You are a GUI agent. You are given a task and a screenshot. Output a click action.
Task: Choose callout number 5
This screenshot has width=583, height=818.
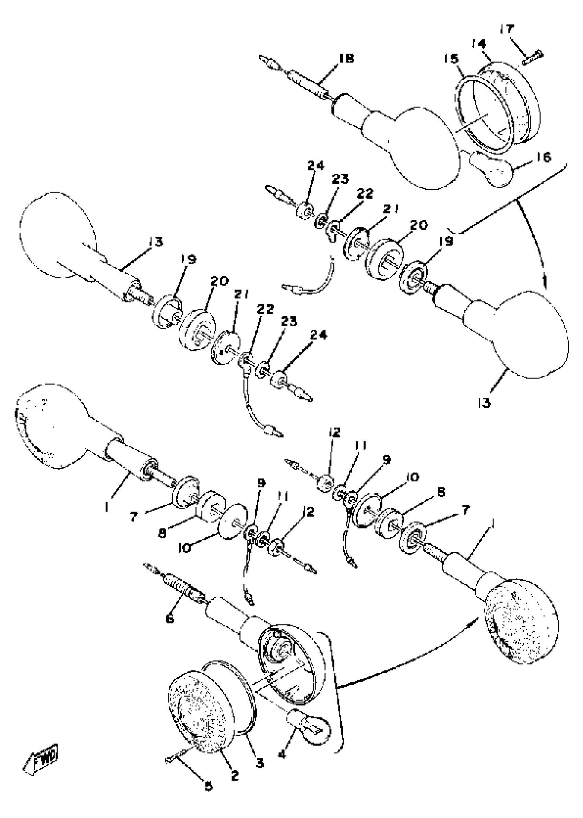pos(208,786)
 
